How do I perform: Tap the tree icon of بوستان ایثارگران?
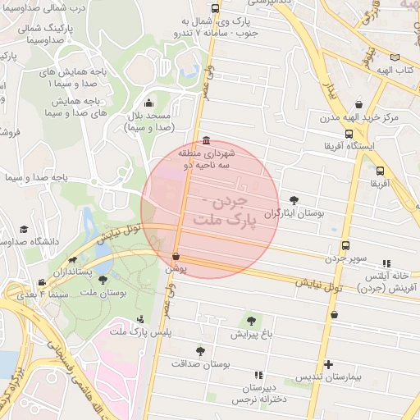[294, 199]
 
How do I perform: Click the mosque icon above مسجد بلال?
[148, 103]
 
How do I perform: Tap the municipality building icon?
[204, 140]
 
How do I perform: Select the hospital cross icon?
[329, 364]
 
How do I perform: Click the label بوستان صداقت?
[201, 363]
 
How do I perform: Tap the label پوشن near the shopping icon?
[176, 268]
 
